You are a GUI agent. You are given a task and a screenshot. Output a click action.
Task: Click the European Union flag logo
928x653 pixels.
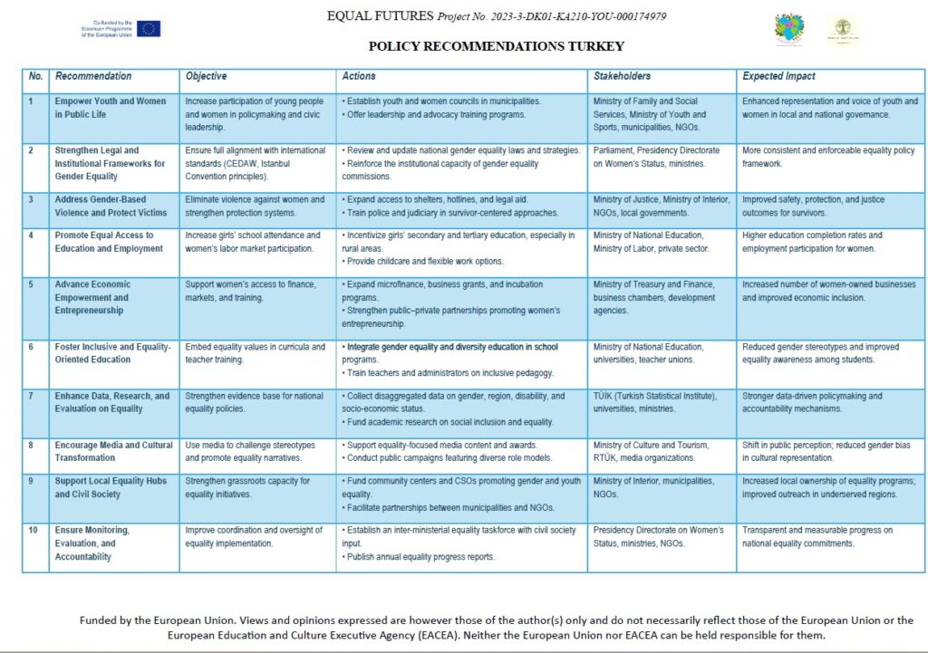pos(150,29)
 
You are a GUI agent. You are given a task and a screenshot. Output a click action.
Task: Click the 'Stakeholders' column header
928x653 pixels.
pos(622,76)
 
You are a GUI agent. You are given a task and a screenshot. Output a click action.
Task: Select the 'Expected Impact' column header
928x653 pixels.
pos(778,76)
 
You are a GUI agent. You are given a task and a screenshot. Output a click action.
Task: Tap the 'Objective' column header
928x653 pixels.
pos(206,76)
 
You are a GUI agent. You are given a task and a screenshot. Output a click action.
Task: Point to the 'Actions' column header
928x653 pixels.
pos(359,76)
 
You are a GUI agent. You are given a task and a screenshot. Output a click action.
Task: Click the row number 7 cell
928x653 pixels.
pos(32,396)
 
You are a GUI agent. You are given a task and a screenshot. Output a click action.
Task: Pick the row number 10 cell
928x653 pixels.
pos(33,530)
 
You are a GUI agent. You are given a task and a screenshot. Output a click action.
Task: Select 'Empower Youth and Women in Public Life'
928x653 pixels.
pos(110,108)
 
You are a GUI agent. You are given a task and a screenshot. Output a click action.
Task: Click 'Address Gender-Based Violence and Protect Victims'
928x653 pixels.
pos(111,206)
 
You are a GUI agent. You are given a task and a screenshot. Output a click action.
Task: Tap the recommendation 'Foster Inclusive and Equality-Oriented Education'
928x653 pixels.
pos(112,353)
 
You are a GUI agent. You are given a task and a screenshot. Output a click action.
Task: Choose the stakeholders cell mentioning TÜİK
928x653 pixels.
pos(654,402)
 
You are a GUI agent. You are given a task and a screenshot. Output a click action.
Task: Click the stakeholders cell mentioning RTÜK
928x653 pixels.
pos(651,451)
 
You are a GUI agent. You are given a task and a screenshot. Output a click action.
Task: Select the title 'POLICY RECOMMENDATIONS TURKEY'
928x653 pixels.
pos(496,46)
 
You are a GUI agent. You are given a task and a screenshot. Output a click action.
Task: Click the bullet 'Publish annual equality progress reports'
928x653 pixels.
pos(420,556)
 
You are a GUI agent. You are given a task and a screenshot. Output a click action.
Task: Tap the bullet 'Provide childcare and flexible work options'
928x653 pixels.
pos(422,261)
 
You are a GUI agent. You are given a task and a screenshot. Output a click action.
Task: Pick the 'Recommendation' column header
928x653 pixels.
pos(92,76)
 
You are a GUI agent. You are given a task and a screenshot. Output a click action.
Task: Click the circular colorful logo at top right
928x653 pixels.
pos(788,29)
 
